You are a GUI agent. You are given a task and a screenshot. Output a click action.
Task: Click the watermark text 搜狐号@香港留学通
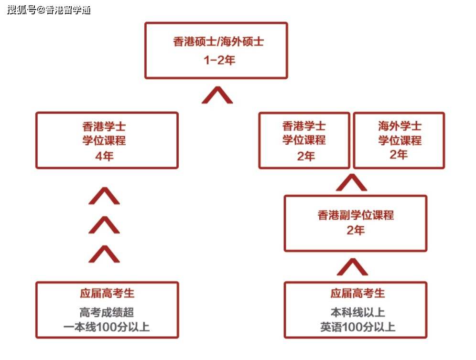pos(49,10)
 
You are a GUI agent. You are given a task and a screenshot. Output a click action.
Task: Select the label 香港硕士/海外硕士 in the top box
pos(218,42)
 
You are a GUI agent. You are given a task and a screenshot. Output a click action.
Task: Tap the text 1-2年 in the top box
pos(219,60)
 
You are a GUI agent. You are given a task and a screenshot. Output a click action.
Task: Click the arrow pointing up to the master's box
pos(217,95)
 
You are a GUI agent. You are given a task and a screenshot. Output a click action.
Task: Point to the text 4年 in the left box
pos(105,156)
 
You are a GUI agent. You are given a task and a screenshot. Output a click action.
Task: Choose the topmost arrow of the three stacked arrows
pos(104,196)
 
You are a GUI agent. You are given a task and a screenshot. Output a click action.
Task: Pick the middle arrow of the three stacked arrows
pos(104,225)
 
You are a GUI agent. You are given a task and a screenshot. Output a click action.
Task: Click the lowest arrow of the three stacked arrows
pos(104,254)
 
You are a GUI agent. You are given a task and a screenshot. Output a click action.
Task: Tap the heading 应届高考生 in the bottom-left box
pos(107,293)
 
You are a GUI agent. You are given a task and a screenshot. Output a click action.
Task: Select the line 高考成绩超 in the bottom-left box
pos(107,312)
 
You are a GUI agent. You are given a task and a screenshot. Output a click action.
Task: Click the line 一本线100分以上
pos(107,327)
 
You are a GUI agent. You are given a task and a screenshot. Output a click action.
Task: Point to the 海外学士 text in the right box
pos(400,126)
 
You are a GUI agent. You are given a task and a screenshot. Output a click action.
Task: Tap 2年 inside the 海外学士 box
pos(399,154)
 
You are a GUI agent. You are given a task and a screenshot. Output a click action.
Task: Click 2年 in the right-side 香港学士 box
pos(306,156)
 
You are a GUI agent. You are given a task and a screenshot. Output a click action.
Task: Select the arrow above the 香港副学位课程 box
pos(352,182)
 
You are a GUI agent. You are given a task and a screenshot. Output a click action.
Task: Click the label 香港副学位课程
pos(356,215)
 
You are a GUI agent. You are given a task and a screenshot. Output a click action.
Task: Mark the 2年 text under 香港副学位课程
pos(356,230)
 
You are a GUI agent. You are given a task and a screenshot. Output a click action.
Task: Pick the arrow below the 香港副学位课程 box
pos(352,267)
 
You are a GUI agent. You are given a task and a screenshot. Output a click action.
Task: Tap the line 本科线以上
pos(357,312)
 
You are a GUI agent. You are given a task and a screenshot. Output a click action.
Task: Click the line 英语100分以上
pos(357,327)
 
